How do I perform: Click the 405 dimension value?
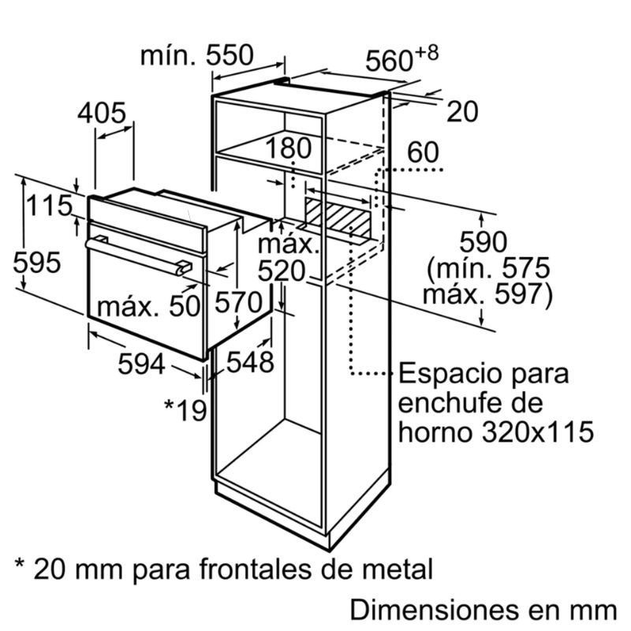(x=102, y=113)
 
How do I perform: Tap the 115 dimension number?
(x=49, y=206)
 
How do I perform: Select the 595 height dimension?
(x=37, y=263)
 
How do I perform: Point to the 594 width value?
(x=141, y=364)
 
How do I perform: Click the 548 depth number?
(x=250, y=362)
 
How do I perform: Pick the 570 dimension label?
(x=238, y=302)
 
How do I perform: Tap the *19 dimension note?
(x=185, y=410)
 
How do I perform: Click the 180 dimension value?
(x=289, y=147)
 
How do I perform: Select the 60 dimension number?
(x=423, y=152)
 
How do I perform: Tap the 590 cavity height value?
(x=484, y=242)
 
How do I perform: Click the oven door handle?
(x=139, y=255)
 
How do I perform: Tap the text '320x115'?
(x=538, y=431)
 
